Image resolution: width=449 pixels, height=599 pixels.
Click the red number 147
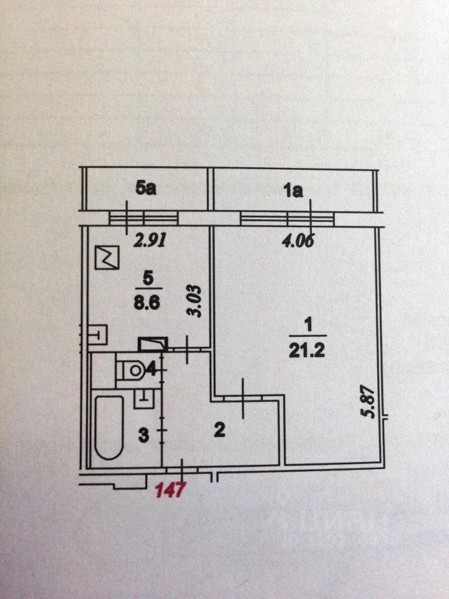click(x=170, y=490)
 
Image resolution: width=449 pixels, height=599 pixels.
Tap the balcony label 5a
click(x=145, y=188)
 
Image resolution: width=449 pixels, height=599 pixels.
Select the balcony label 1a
click(x=293, y=192)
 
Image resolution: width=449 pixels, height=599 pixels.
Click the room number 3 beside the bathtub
click(x=143, y=435)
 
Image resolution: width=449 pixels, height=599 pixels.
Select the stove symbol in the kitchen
click(x=107, y=257)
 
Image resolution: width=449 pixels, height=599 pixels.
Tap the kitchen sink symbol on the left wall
click(x=97, y=336)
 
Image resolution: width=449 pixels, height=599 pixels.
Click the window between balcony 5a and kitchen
click(x=144, y=217)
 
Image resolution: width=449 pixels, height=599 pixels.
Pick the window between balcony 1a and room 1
click(x=287, y=217)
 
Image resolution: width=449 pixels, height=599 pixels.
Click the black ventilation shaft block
click(x=152, y=344)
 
